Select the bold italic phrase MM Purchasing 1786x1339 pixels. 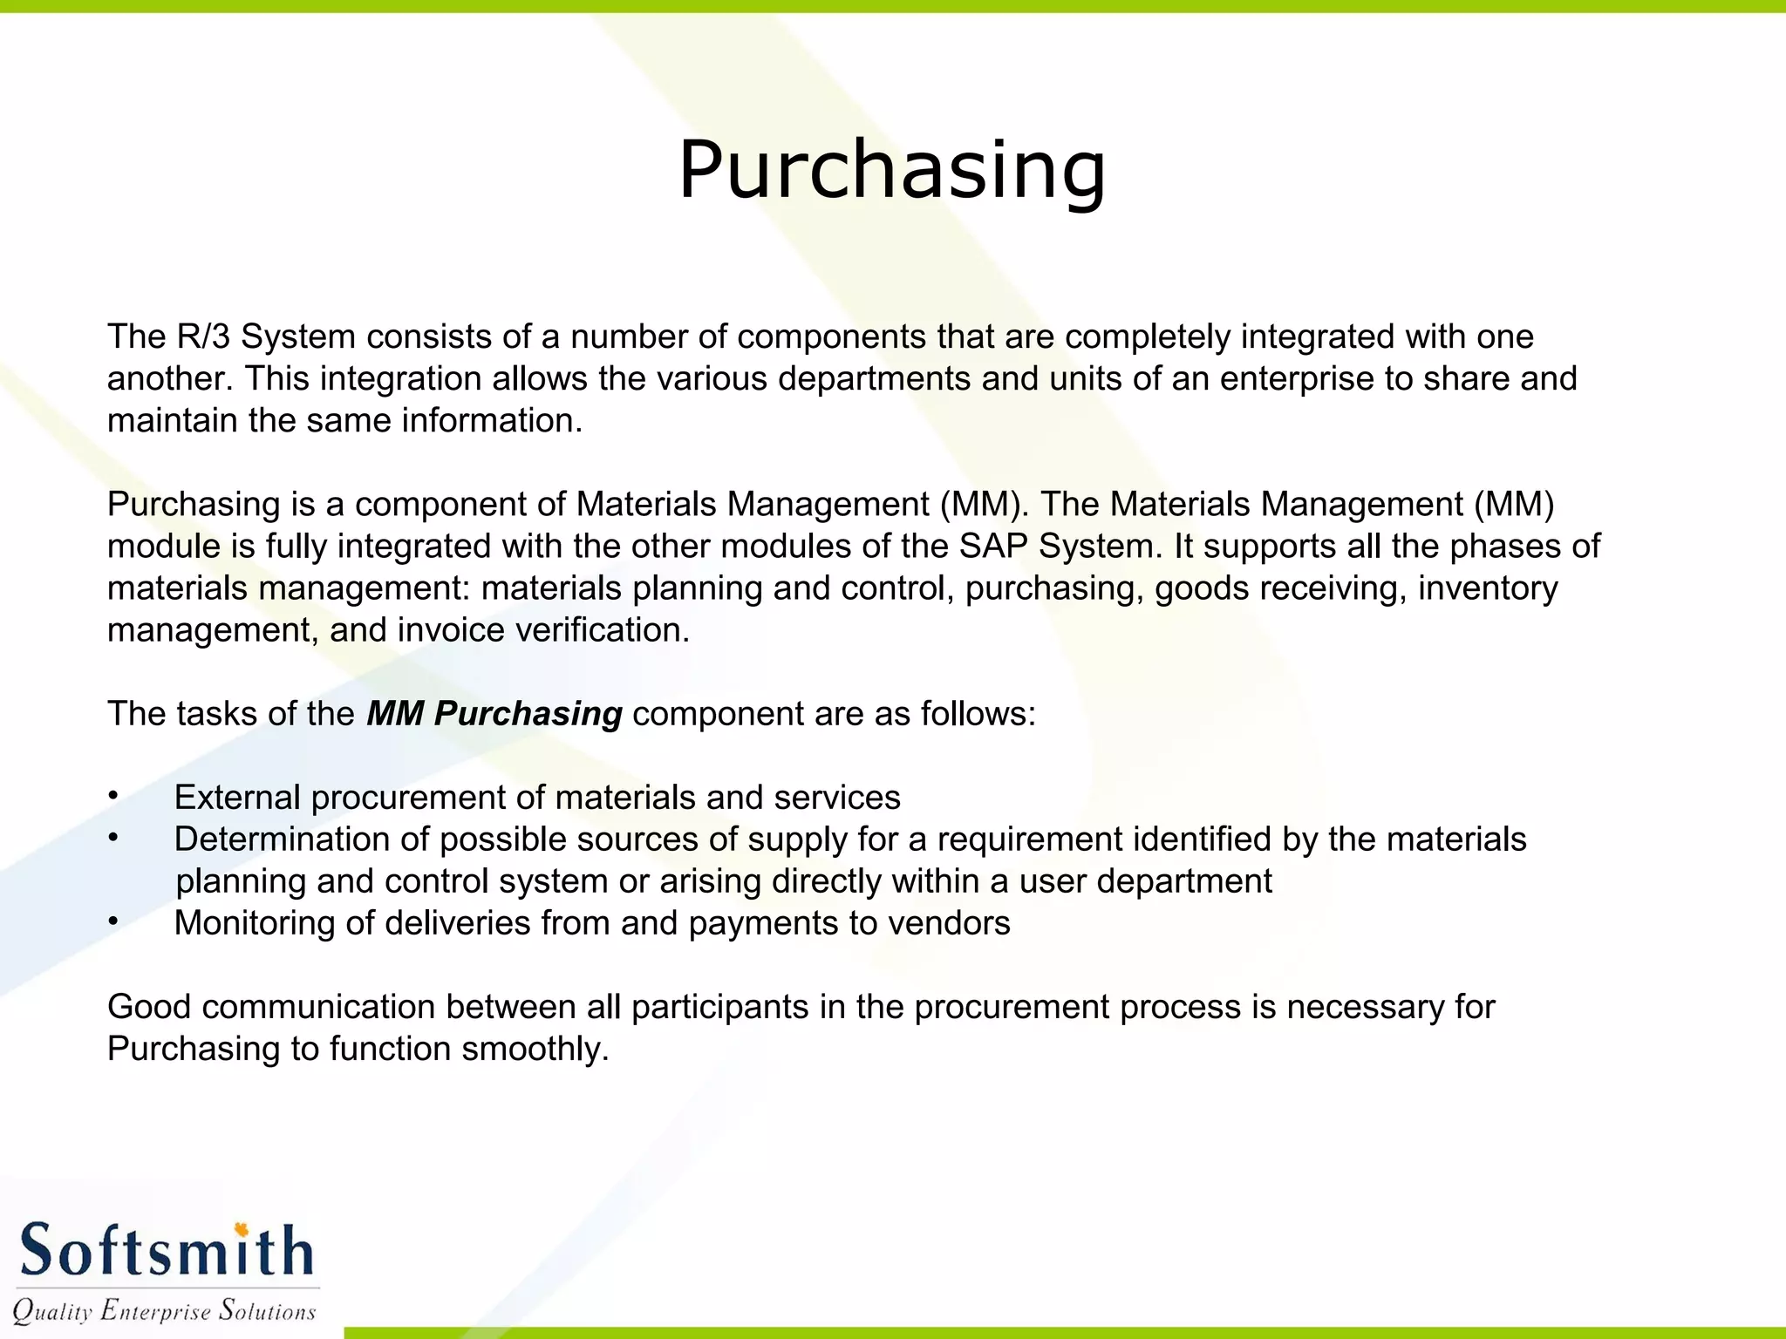[494, 714]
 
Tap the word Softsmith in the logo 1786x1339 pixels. [166, 1251]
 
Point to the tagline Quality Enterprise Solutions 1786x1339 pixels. [164, 1310]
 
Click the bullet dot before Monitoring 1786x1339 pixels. [112, 921]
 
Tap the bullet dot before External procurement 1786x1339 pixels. [112, 796]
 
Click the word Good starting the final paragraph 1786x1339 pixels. [149, 1007]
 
